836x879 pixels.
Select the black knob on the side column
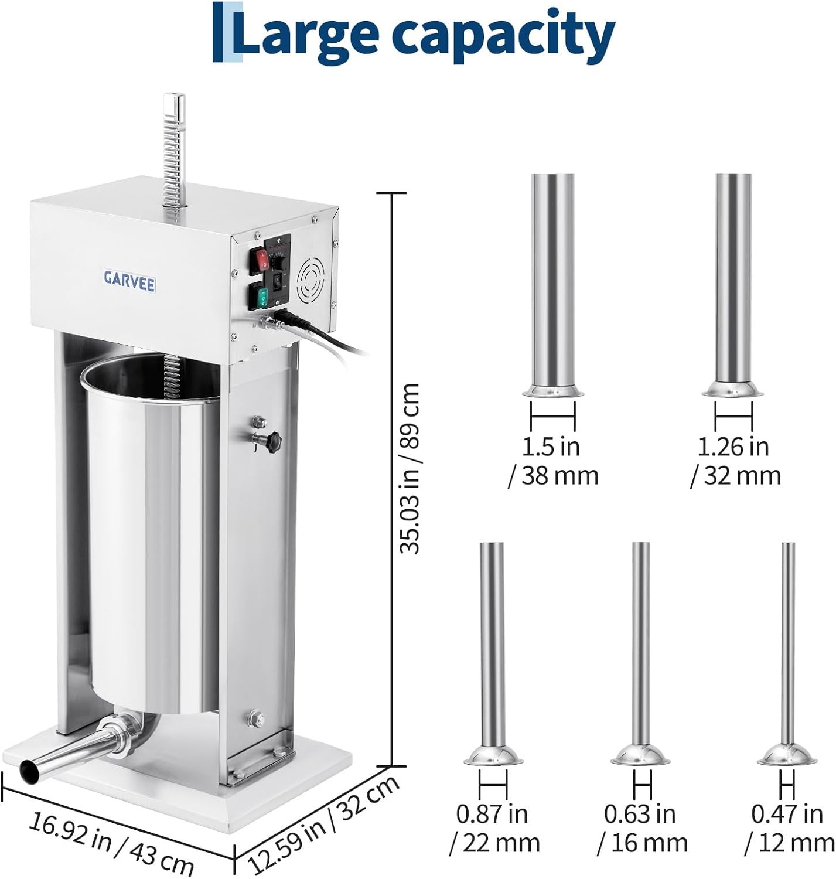coord(272,441)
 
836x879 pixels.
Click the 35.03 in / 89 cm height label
coord(410,469)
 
